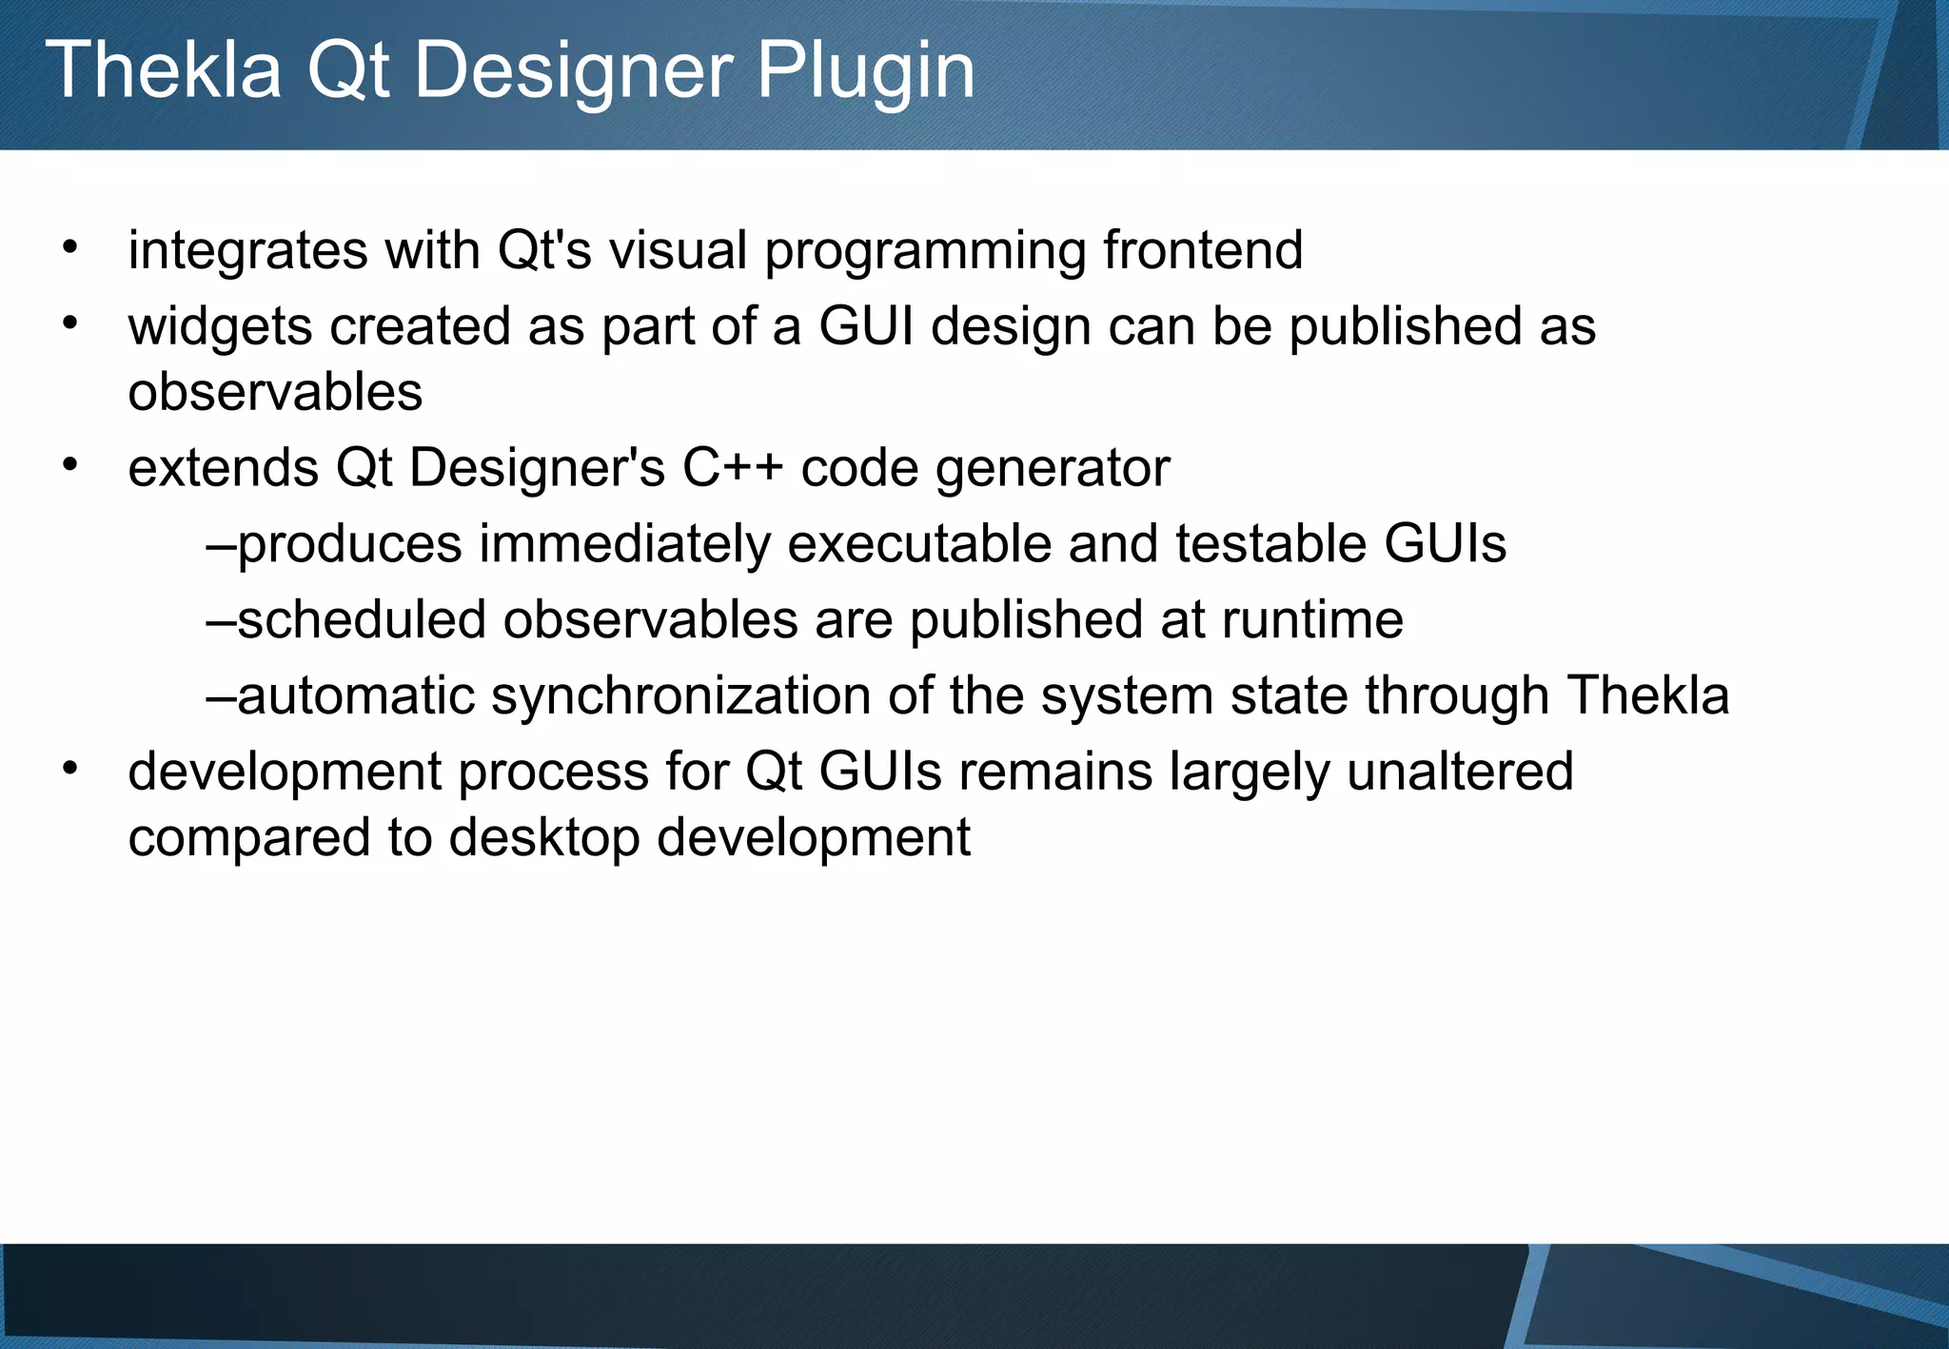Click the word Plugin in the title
click(865, 71)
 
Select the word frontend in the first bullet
click(1203, 251)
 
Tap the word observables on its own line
click(275, 393)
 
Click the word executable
click(918, 544)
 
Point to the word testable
click(1270, 544)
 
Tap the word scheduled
click(362, 620)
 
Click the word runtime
click(1312, 620)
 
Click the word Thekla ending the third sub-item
click(1647, 695)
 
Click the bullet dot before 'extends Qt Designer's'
click(69, 465)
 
